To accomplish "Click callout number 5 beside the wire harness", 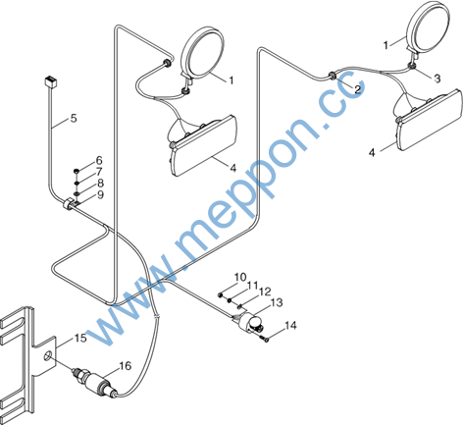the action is coord(74,118).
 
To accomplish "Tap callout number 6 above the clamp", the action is coord(99,160).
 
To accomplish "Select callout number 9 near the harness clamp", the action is coord(100,194).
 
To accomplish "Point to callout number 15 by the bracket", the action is coord(80,338).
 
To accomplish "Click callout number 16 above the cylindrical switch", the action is coord(126,366).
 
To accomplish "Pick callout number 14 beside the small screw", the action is coord(290,326).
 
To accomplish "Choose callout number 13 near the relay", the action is coord(277,302).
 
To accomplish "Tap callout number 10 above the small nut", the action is coord(240,277).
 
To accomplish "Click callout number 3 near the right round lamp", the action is coord(437,79).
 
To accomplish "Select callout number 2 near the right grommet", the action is coord(357,89).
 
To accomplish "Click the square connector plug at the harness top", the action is coord(50,80).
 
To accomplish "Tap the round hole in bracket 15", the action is coord(48,355).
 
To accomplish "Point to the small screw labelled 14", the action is coord(265,339).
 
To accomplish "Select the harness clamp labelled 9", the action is coord(70,204).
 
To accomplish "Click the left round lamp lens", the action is coord(202,52).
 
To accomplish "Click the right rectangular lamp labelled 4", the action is coord(430,120).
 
